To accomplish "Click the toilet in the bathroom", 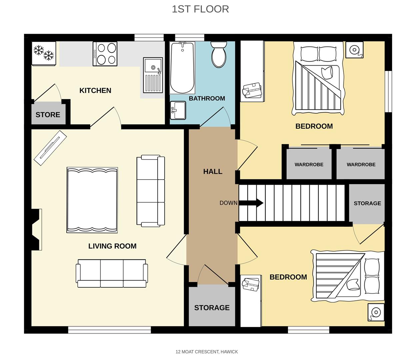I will click(x=219, y=54).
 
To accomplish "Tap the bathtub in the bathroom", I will click(x=182, y=68).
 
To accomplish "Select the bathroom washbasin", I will click(x=178, y=110).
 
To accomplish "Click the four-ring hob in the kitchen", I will click(x=105, y=54).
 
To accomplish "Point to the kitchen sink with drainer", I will click(x=153, y=75).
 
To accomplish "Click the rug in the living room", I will click(x=92, y=200).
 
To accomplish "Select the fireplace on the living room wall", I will click(x=36, y=229).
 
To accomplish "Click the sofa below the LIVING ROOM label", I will click(x=112, y=273).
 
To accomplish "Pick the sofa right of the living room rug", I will click(x=151, y=191).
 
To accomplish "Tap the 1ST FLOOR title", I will click(x=200, y=9).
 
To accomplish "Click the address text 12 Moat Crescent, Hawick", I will click(x=207, y=352).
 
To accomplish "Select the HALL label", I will click(x=213, y=172).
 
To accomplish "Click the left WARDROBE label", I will click(x=309, y=165).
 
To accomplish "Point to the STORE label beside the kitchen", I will click(x=48, y=115).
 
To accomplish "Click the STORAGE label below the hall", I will click(x=212, y=308).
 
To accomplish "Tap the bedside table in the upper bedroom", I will click(x=354, y=50).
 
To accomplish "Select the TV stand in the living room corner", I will click(x=50, y=147).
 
